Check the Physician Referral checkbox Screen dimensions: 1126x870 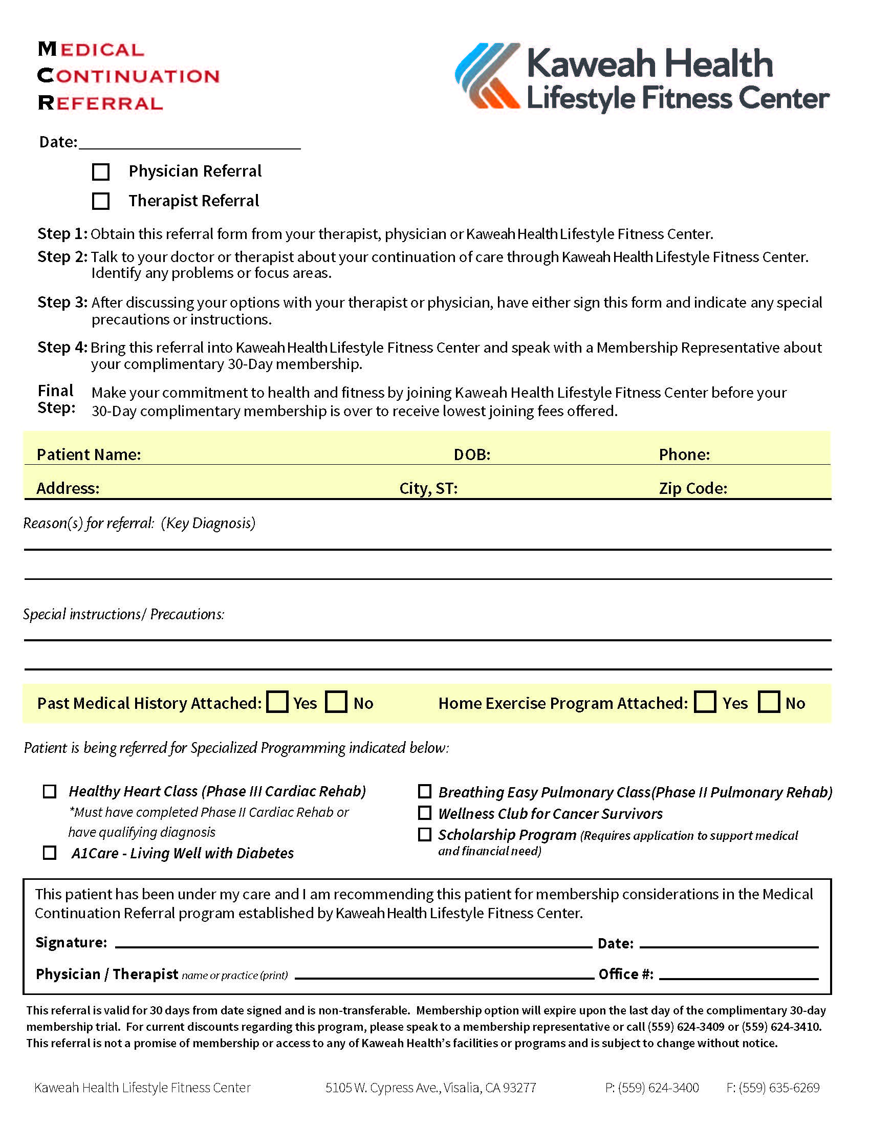(x=100, y=171)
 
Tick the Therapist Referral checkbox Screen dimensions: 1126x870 (x=100, y=201)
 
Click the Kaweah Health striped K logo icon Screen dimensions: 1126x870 (x=487, y=76)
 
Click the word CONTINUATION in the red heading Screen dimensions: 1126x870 (x=129, y=76)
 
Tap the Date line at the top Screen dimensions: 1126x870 (x=189, y=142)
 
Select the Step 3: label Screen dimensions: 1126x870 (x=62, y=302)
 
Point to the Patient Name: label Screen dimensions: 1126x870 (x=89, y=454)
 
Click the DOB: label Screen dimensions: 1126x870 (x=472, y=454)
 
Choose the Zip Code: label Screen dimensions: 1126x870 (x=693, y=488)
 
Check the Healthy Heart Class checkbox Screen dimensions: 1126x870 (x=50, y=791)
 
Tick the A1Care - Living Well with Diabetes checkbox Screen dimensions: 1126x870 (x=50, y=853)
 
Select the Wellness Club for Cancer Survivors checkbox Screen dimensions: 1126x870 (x=424, y=813)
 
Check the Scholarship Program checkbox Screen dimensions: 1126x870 (x=424, y=835)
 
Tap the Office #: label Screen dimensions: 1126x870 (x=626, y=974)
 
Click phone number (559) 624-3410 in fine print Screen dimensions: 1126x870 (x=781, y=1027)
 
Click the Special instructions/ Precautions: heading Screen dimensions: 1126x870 (x=124, y=614)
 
